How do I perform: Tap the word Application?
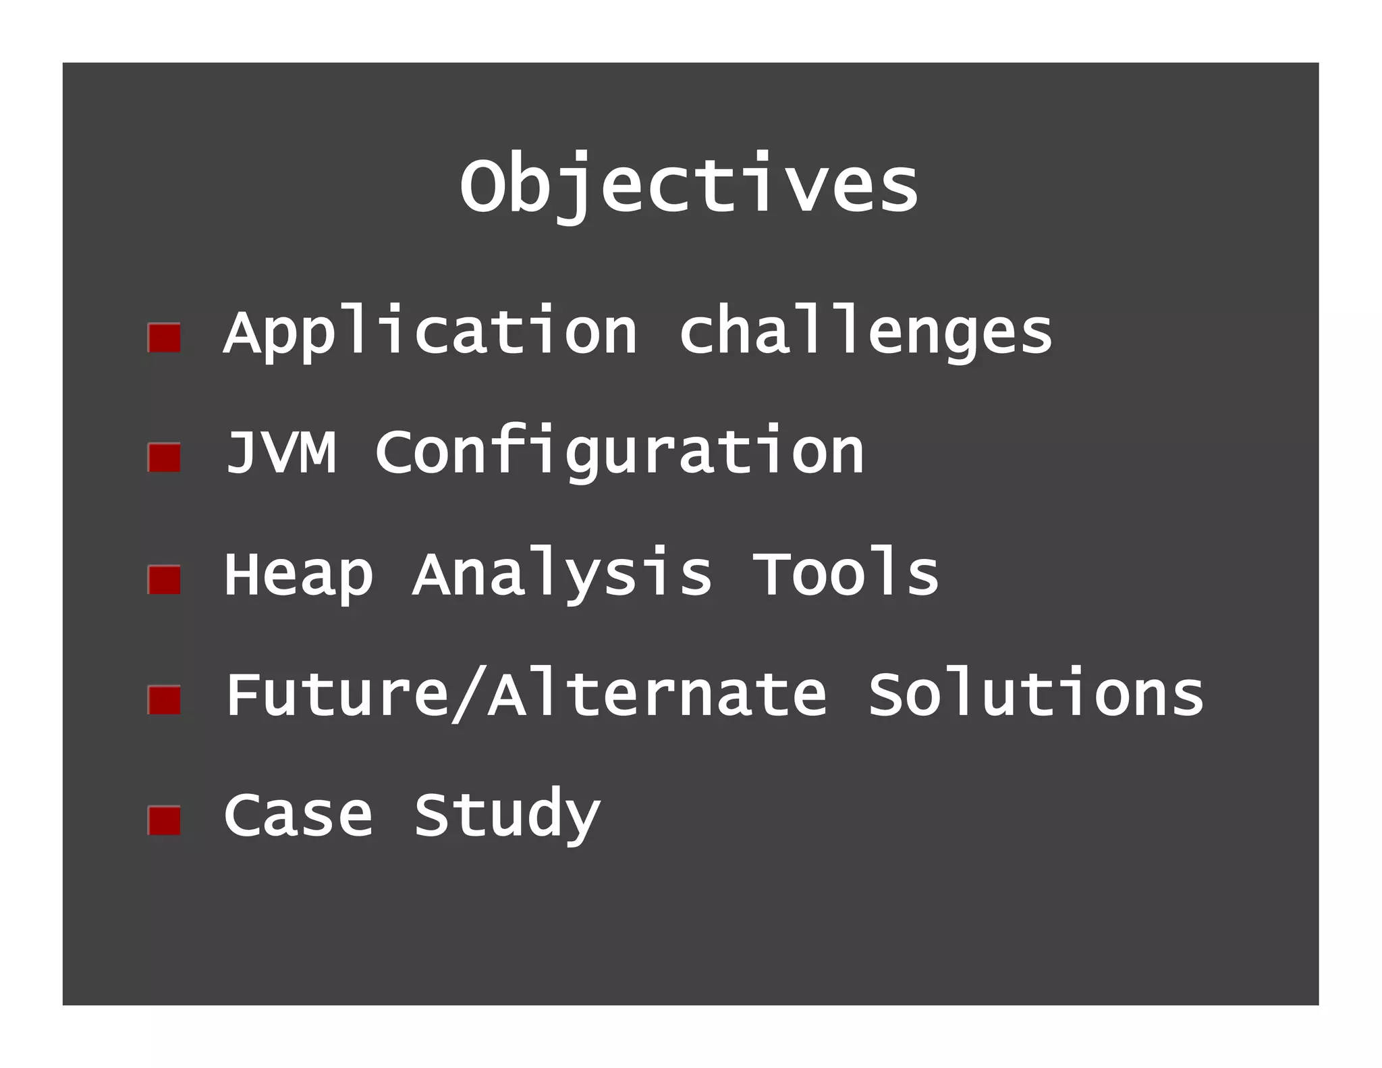point(431,332)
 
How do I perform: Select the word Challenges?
point(865,332)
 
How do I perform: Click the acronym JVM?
point(281,452)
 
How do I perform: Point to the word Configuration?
point(619,452)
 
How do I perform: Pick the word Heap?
point(298,574)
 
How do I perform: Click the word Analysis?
point(562,574)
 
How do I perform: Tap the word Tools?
point(845,574)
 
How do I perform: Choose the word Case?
point(298,815)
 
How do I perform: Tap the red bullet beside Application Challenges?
point(164,338)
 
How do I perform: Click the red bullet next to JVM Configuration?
point(164,458)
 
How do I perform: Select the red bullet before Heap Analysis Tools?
point(164,579)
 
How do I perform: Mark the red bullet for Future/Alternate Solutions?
point(164,699)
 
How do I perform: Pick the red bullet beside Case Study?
point(164,820)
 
